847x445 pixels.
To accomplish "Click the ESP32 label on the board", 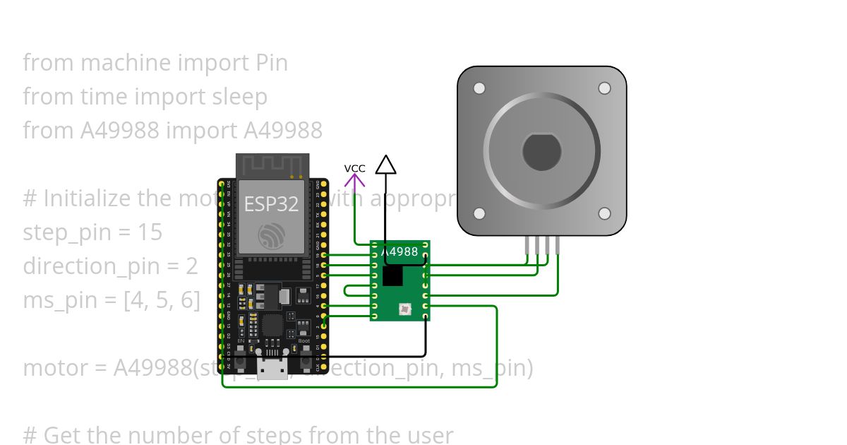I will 272,204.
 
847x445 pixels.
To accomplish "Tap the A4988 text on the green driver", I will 400,251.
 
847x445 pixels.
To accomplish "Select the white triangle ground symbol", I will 385,165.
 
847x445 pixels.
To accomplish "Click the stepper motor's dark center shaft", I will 541,150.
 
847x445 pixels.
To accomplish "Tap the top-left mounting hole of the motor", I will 479,88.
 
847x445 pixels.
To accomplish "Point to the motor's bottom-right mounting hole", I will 604,213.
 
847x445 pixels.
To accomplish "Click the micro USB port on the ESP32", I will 272,368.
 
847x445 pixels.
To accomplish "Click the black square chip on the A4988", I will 392,275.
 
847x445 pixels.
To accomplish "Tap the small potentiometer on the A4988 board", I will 404,309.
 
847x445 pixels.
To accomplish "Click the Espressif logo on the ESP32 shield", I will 272,235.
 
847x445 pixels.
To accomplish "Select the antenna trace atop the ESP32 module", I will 272,166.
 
